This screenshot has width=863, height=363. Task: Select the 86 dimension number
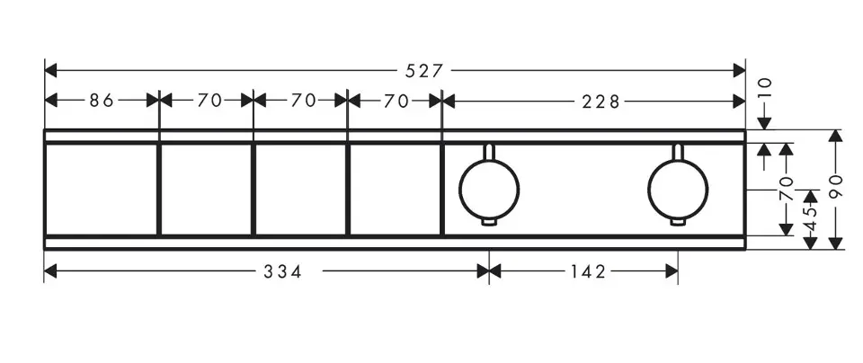click(x=102, y=101)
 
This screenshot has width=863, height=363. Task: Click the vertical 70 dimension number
click(x=787, y=190)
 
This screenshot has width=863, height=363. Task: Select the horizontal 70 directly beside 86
click(x=208, y=101)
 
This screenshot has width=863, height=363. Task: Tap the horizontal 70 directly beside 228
click(x=396, y=101)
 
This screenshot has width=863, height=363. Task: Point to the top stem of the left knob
click(x=489, y=150)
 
